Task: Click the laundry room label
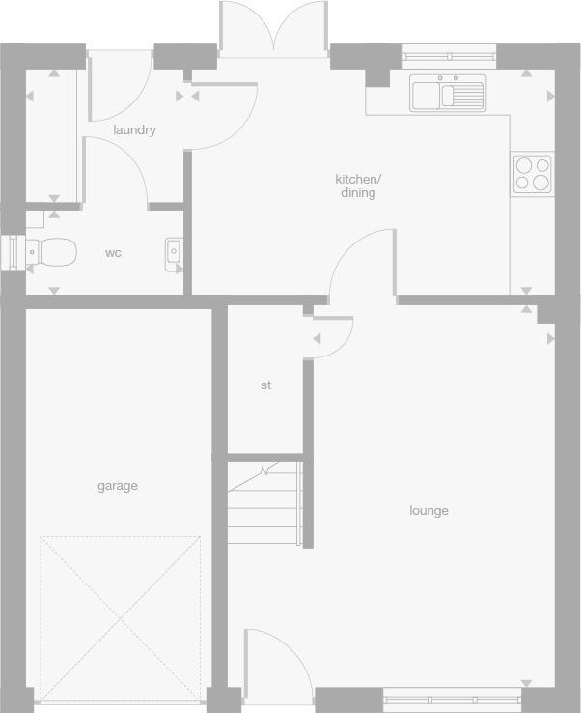pyautogui.click(x=134, y=130)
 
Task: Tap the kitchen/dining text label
pyautogui.click(x=358, y=185)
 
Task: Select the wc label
pyautogui.click(x=114, y=253)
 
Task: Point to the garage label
pyautogui.click(x=118, y=486)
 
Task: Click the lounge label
pyautogui.click(x=429, y=511)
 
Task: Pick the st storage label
pyautogui.click(x=265, y=385)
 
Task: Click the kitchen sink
pyautogui.click(x=446, y=94)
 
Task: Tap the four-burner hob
pyautogui.click(x=532, y=174)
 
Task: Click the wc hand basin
pyautogui.click(x=174, y=252)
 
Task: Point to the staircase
pyautogui.click(x=264, y=503)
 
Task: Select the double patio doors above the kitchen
pyautogui.click(x=275, y=29)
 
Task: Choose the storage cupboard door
pyautogui.click(x=332, y=334)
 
